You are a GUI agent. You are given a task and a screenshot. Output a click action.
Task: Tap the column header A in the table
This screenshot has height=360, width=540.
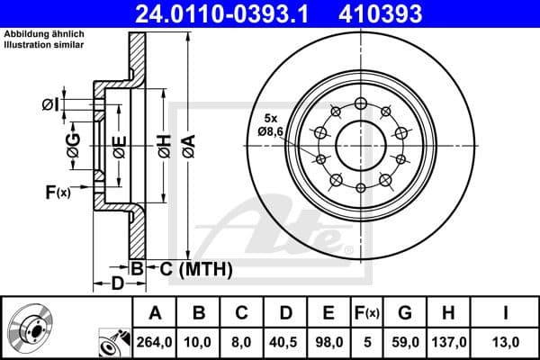(x=155, y=313)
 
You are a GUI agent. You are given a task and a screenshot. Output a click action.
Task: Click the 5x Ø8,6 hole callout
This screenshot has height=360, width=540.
(x=270, y=125)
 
